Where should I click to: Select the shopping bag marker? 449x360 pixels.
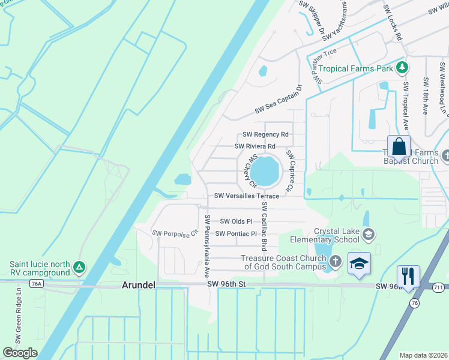coord(399,147)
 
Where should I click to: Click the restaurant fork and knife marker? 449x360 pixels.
coord(408,276)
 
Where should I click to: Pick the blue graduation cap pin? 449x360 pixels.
coord(359,264)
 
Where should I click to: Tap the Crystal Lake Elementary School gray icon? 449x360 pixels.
coord(369,234)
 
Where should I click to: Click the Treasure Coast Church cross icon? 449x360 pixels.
coord(335,261)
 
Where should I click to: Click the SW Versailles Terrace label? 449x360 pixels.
coord(247,196)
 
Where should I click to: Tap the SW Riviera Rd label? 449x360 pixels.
coord(255,146)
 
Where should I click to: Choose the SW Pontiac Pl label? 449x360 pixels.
coord(236,233)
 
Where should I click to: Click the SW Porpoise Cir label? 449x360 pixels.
coord(175,232)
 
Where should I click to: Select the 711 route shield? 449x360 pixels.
coord(440,287)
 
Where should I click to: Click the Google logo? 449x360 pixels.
coord(20,353)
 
